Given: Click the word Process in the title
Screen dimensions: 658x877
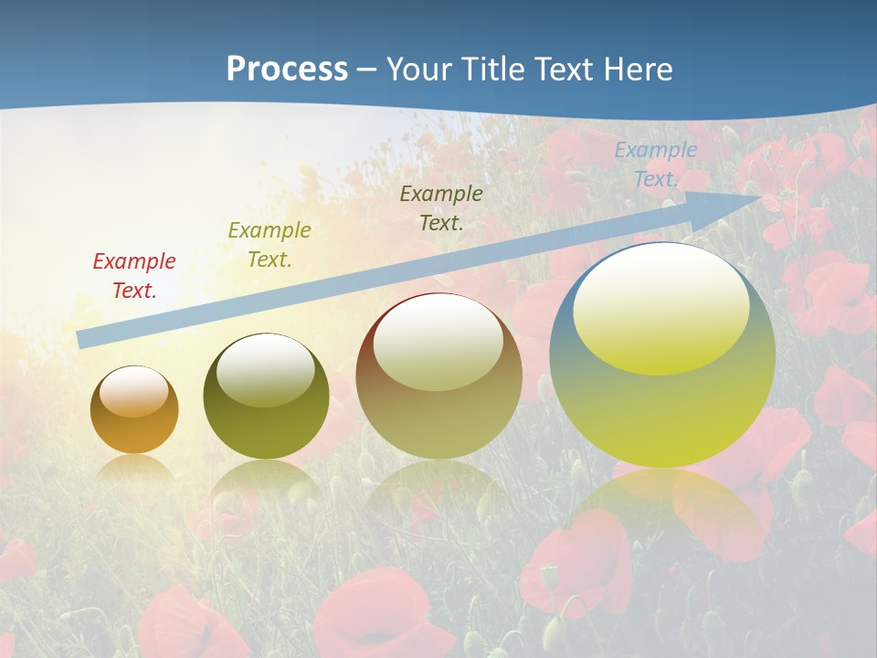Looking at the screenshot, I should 287,69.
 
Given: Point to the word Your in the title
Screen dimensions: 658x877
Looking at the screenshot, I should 419,69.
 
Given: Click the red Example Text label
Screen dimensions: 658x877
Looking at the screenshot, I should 134,276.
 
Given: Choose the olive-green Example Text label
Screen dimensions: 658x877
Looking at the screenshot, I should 269,245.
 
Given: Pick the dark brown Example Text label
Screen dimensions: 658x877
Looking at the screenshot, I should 441,207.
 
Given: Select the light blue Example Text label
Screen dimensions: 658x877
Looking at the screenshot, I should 656,164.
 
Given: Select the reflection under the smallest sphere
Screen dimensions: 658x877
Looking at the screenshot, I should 134,468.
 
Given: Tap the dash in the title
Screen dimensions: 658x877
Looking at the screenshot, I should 367,69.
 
